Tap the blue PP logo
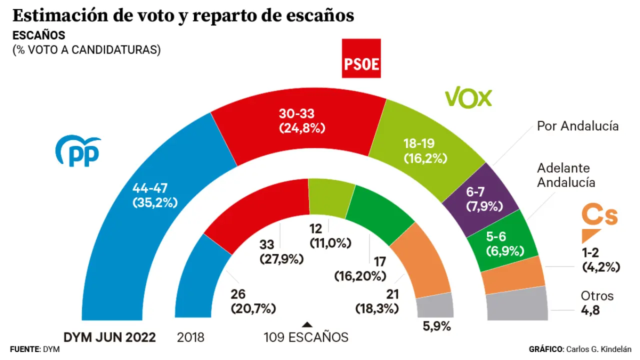click(x=78, y=151)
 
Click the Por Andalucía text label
click(x=577, y=126)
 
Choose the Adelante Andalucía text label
click(x=566, y=175)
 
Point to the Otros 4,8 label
click(x=597, y=302)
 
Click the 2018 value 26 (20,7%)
click(x=253, y=301)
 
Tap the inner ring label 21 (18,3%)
click(x=377, y=301)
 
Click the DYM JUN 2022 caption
click(x=109, y=337)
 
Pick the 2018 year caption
click(x=190, y=337)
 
